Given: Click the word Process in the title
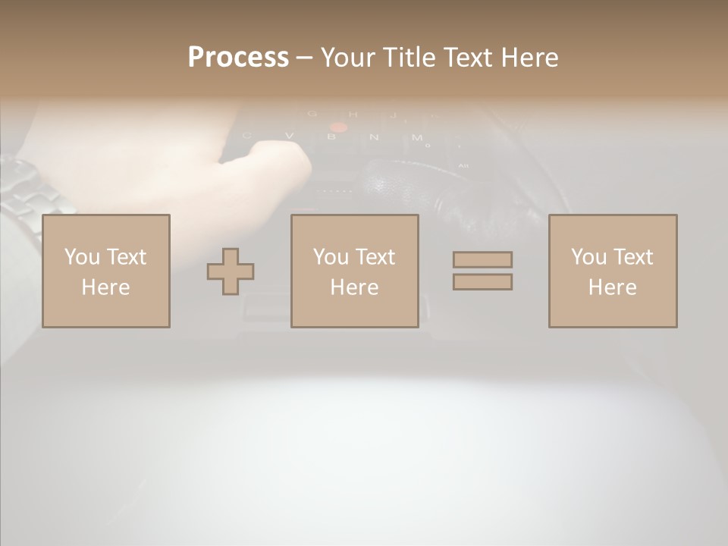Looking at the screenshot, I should click(x=238, y=58).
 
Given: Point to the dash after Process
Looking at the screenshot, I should click(x=305, y=58).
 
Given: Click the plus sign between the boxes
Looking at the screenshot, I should click(x=231, y=271).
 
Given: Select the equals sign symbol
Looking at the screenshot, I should click(x=482, y=271).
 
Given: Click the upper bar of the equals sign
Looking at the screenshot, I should click(x=482, y=260).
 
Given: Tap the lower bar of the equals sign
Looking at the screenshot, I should click(x=482, y=281).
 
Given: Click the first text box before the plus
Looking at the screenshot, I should click(x=106, y=271).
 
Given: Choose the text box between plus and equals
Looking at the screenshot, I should click(x=355, y=271).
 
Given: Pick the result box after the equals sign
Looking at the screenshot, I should click(x=613, y=271).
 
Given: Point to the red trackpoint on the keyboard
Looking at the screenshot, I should click(x=338, y=127).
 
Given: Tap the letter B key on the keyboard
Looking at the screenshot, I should click(x=331, y=137).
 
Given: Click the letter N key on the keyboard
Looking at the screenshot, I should click(x=374, y=137).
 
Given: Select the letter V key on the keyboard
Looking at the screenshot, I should click(x=289, y=136).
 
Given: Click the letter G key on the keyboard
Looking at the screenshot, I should click(x=312, y=115).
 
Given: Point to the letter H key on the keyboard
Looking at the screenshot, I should click(x=353, y=115).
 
